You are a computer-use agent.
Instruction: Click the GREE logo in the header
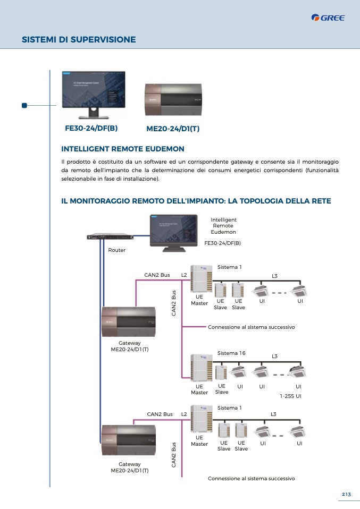[x=328, y=18]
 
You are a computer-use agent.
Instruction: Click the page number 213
[x=346, y=495]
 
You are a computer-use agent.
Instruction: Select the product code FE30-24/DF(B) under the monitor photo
[x=91, y=129]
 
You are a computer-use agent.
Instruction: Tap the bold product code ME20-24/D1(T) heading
[x=172, y=129]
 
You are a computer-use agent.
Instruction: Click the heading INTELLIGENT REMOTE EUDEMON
[x=123, y=149]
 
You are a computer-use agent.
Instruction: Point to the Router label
[x=117, y=250]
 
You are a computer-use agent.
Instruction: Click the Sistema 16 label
[x=231, y=353]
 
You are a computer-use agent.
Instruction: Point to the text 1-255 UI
[x=291, y=396]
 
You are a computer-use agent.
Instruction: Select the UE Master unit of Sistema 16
[x=199, y=367]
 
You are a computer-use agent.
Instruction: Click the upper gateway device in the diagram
[x=129, y=321]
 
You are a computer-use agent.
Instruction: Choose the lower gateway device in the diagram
[x=129, y=440]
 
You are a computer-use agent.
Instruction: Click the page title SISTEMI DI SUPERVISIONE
[x=79, y=39]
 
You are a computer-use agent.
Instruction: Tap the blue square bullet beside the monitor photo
[x=24, y=105]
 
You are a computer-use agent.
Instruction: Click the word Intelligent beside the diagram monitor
[x=223, y=219]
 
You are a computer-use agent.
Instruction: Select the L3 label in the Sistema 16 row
[x=275, y=356]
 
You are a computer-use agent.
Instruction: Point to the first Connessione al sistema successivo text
[x=251, y=327]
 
